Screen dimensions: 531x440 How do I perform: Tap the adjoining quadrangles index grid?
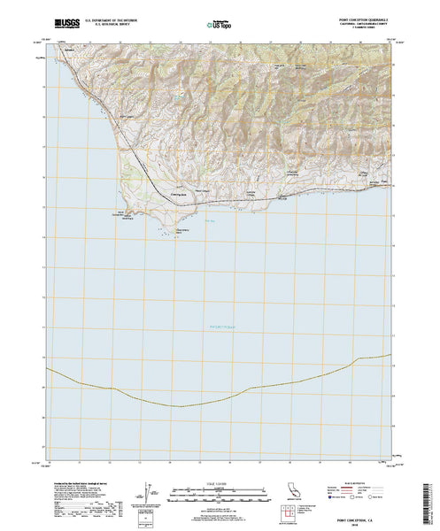pos(294,511)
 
